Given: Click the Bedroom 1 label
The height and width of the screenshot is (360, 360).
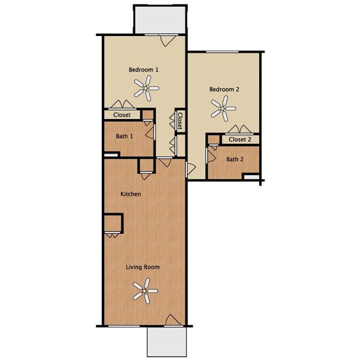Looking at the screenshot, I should click(144, 70).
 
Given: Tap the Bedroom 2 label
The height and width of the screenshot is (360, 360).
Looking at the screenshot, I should click(224, 89).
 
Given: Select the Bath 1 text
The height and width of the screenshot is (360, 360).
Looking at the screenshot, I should click(124, 136).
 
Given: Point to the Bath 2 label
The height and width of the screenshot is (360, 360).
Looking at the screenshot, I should click(234, 160).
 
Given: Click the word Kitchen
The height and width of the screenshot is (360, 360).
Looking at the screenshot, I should click(131, 194).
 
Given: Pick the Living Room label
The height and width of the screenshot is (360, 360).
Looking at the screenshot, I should click(142, 267).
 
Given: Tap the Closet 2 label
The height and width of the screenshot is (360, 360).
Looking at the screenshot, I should click(240, 140).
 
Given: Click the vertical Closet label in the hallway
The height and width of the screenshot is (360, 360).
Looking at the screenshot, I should click(180, 121).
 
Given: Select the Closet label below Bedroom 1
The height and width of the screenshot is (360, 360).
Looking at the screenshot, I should click(122, 115).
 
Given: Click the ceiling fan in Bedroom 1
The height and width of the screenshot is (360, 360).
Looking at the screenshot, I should click(146, 88).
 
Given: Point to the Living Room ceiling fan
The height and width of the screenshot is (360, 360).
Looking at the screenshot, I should click(145, 291).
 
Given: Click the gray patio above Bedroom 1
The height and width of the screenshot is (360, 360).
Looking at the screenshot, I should click(160, 19).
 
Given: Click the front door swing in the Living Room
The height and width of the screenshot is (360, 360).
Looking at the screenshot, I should click(173, 320).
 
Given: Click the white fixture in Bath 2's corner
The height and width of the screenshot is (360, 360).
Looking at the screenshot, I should click(252, 177).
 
